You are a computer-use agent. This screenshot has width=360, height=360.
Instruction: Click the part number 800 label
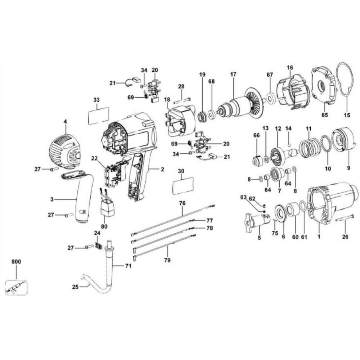[16, 261]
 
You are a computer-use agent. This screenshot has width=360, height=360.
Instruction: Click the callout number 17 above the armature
[233, 75]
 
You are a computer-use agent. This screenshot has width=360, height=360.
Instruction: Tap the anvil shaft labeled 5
[258, 221]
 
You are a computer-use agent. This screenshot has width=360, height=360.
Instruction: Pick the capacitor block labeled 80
[107, 207]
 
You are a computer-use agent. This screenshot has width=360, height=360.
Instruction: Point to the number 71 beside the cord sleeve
[128, 266]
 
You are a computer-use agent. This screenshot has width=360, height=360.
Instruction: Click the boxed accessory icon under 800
[16, 287]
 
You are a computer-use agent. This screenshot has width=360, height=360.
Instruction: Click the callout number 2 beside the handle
[163, 170]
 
